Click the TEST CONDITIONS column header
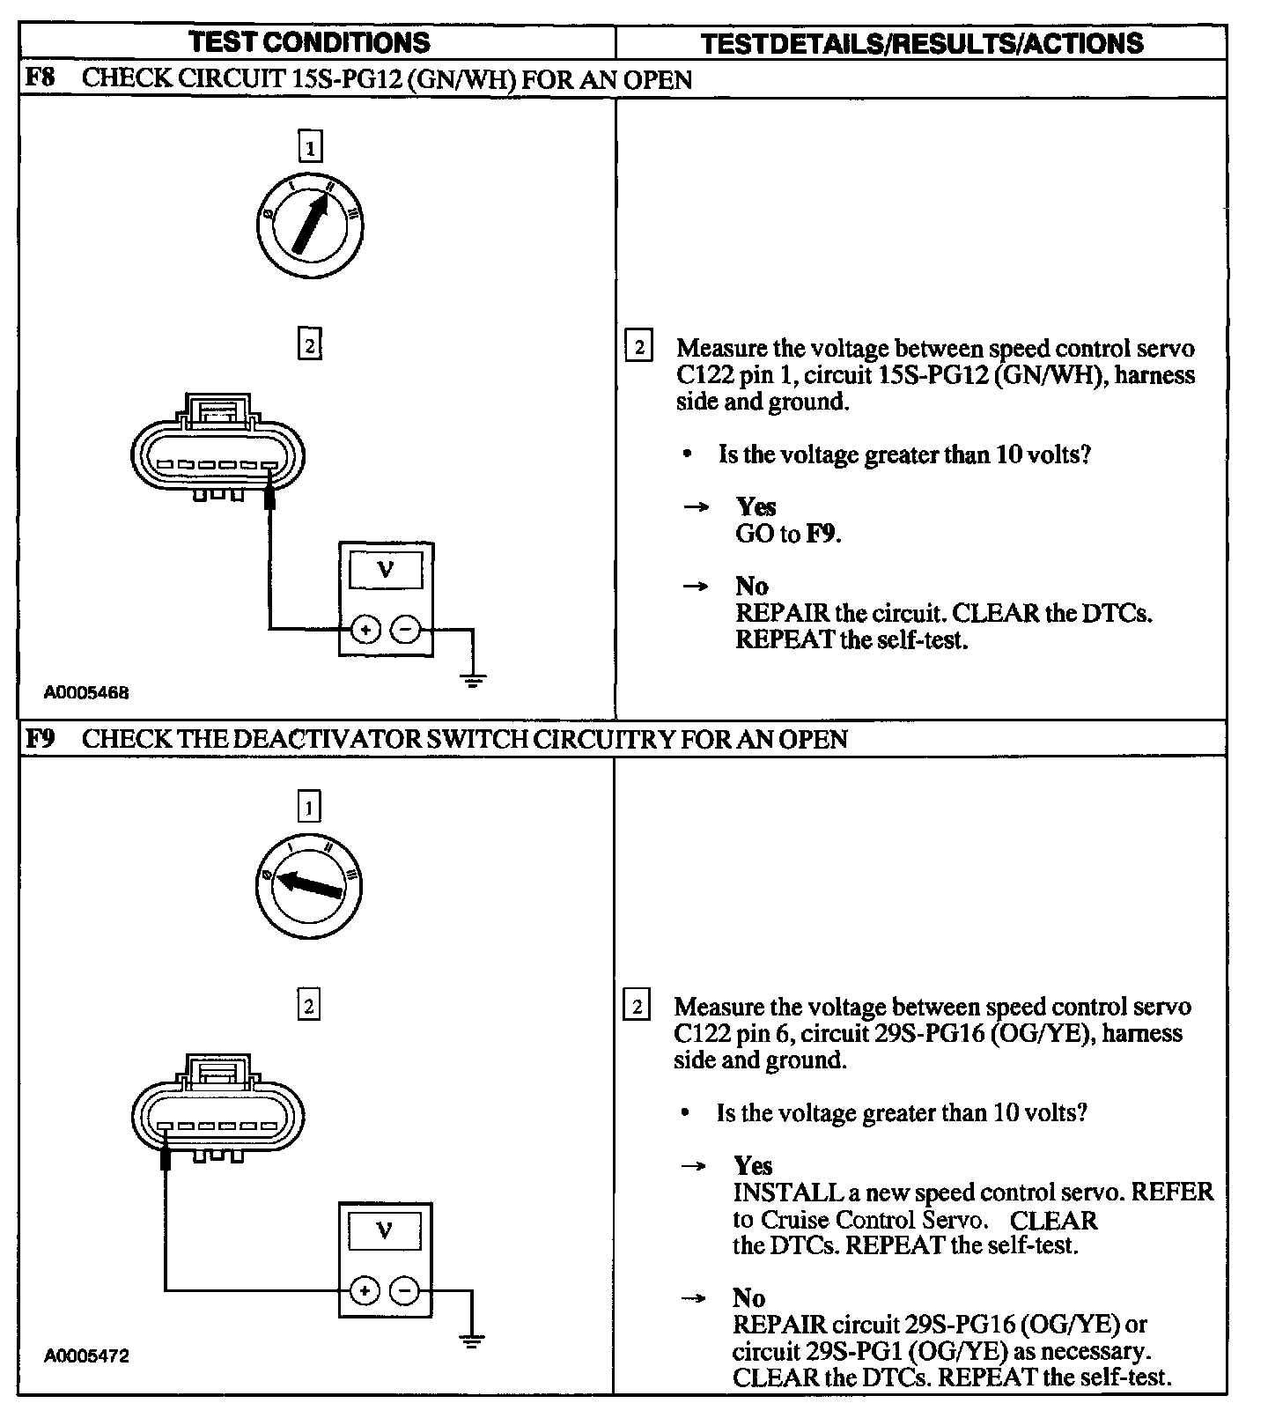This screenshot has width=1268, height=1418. tap(309, 42)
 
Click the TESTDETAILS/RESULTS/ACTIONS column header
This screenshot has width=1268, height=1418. tap(922, 43)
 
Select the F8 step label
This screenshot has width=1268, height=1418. tap(40, 78)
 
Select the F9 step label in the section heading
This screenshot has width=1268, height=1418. tap(40, 738)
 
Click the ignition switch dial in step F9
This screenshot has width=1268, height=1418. tap(308, 884)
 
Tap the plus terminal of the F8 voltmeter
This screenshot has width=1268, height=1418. tap(365, 630)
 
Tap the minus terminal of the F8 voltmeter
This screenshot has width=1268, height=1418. tap(405, 630)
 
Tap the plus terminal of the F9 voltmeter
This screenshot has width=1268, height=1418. tap(364, 1291)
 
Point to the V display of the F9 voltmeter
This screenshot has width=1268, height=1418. tap(385, 1231)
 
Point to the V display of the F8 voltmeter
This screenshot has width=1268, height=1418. tap(386, 571)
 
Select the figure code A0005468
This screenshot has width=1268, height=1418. tap(86, 692)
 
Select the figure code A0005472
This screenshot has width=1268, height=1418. tap(86, 1356)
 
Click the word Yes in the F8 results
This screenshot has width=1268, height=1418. tap(756, 506)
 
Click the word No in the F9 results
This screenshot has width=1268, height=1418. tap(748, 1297)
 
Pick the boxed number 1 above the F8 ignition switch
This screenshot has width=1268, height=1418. tap(310, 146)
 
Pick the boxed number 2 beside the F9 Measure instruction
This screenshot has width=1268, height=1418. tap(636, 1006)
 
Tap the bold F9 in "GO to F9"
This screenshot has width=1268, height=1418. tap(821, 534)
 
